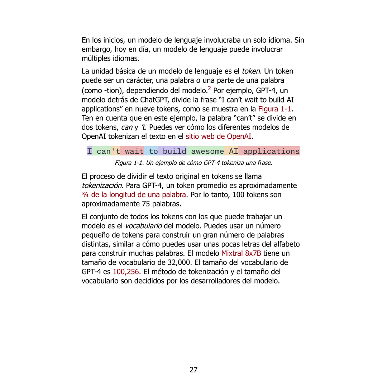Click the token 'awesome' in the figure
pos(207,151)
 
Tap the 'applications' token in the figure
pos(271,151)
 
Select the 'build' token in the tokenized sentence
pos(174,151)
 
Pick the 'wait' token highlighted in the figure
pos(134,151)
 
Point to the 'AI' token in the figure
pos(233,151)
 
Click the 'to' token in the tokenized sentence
pos(153,151)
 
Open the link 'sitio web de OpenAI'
pos(218,137)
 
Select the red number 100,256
pos(125,272)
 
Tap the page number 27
pos(193,370)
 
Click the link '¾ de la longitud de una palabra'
pos(134,195)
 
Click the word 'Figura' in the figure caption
pos(123,163)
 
